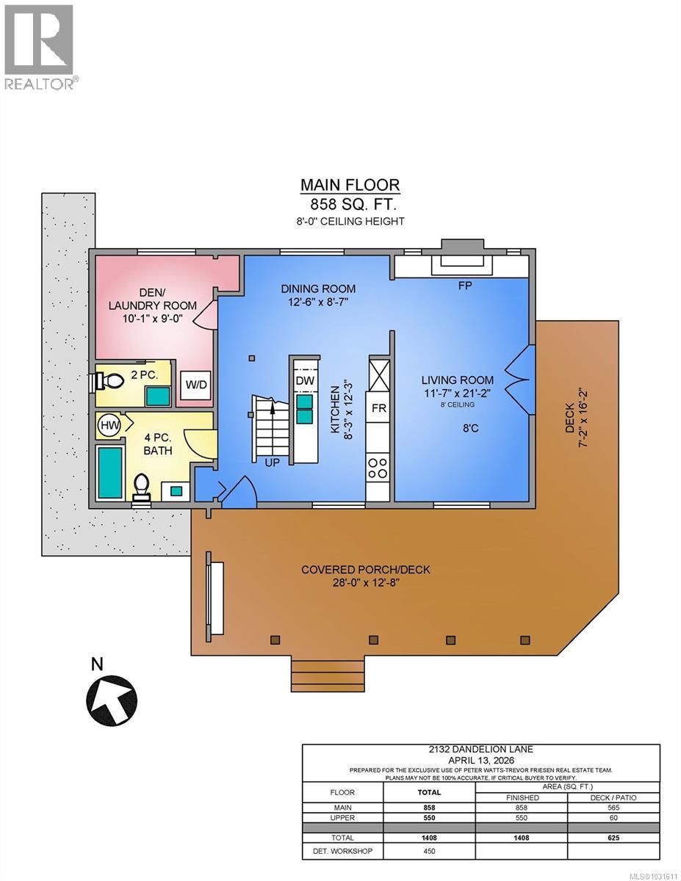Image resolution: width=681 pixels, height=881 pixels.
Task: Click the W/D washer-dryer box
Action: tap(195, 385)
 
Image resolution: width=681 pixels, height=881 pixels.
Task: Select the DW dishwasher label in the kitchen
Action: tap(303, 381)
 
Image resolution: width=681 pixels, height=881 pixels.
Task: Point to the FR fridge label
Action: tap(379, 408)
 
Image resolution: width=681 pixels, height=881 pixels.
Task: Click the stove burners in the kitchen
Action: tap(378, 468)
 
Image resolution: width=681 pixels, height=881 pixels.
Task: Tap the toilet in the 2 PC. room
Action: tap(109, 381)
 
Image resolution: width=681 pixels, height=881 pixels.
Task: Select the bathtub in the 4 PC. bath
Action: tap(109, 471)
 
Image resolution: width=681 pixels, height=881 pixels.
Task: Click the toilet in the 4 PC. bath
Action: tap(143, 486)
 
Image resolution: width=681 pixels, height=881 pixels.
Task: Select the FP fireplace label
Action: tap(464, 286)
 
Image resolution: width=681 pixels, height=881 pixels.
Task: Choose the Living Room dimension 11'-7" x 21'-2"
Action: tap(457, 393)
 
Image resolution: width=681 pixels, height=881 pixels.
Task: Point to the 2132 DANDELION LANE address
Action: tap(480, 749)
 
